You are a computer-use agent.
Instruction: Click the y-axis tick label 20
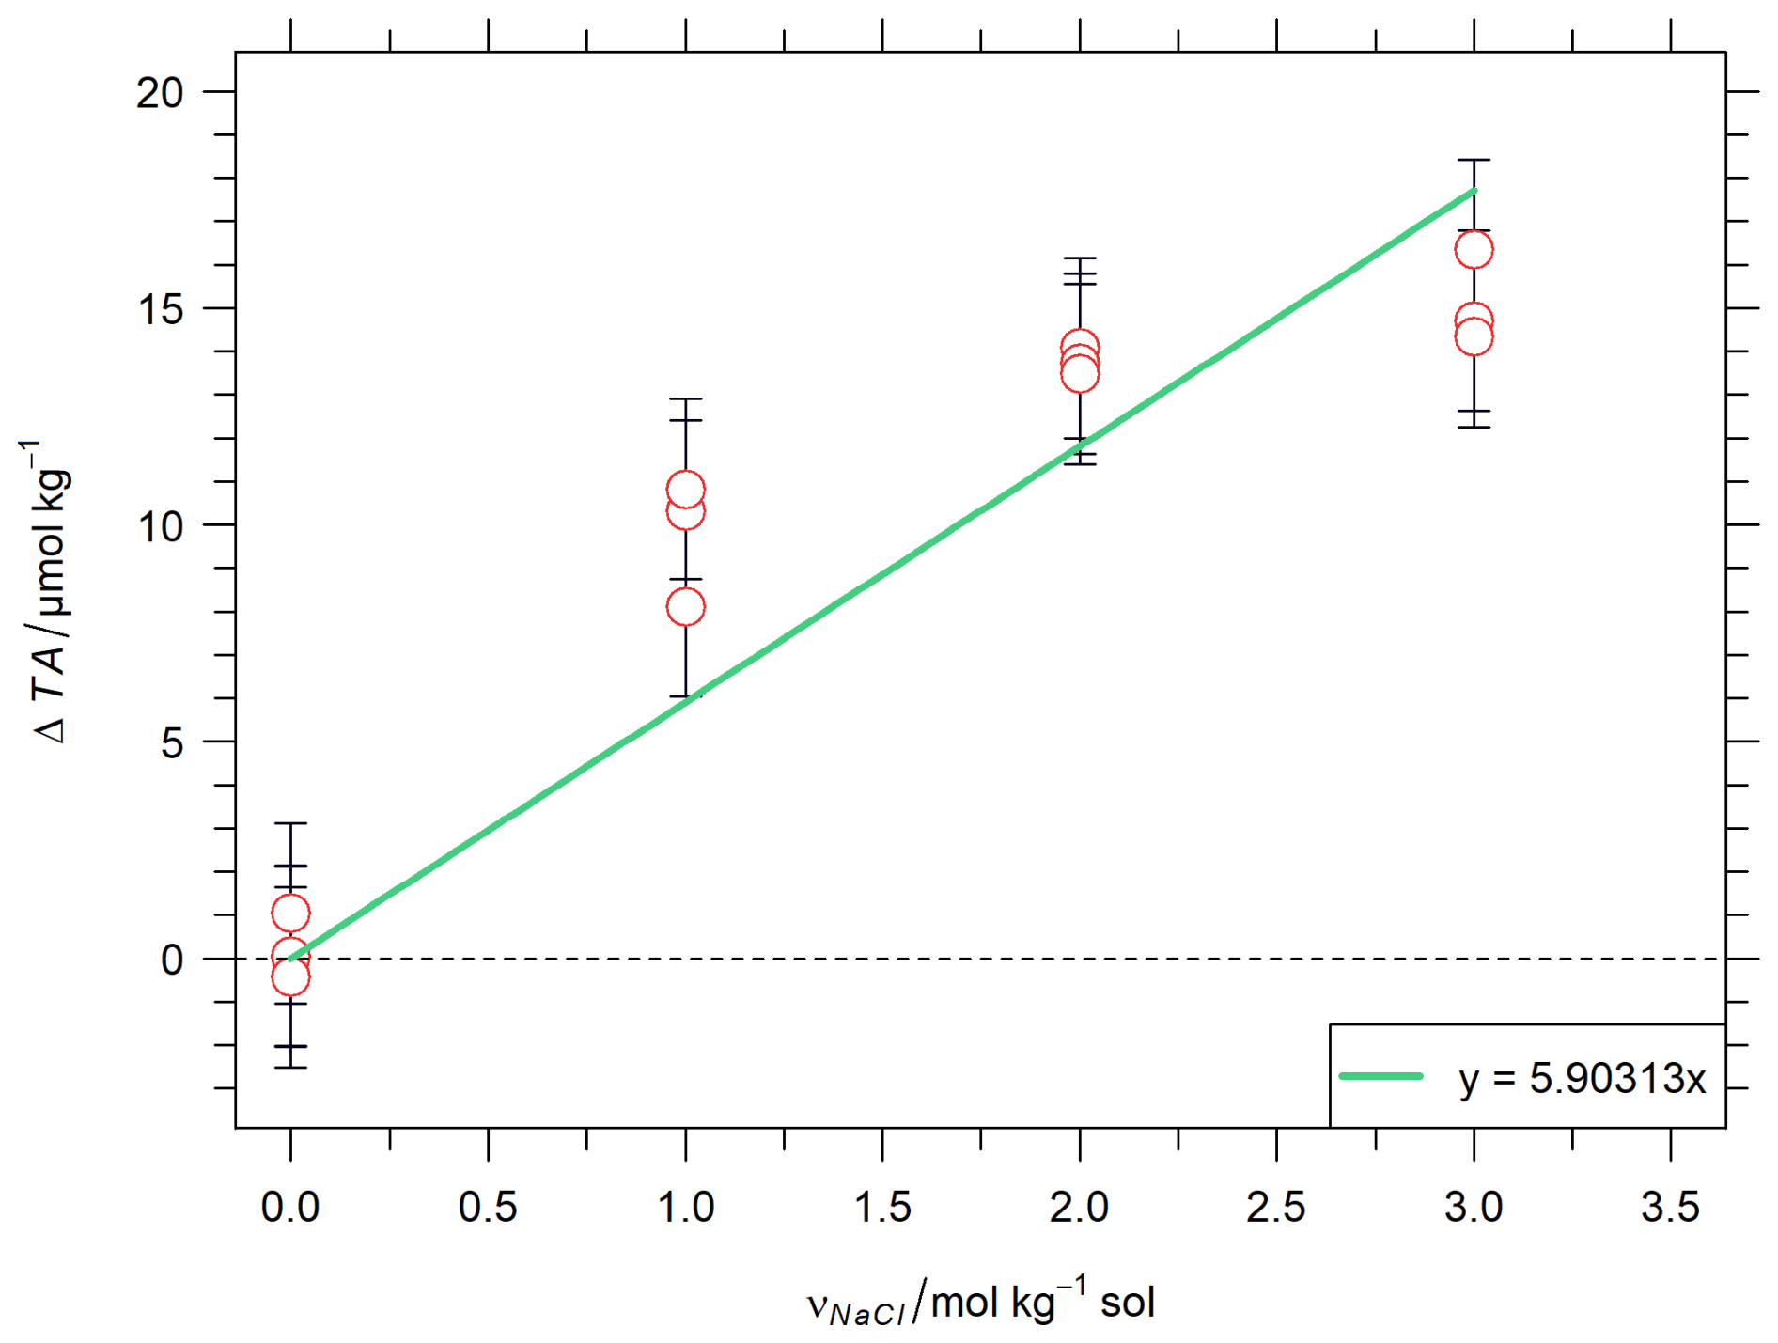tap(160, 93)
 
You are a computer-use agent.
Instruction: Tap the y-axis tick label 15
tap(160, 309)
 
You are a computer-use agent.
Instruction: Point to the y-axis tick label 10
tap(160, 526)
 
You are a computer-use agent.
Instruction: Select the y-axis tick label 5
tap(172, 743)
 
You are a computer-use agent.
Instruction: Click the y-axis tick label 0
tap(172, 960)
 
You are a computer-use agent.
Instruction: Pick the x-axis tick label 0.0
tap(290, 1207)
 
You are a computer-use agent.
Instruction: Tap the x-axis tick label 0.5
tap(488, 1207)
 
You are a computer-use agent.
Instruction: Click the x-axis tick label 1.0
tap(685, 1207)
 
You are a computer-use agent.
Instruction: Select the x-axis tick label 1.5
tap(882, 1207)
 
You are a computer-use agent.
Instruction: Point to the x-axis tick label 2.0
tap(1080, 1207)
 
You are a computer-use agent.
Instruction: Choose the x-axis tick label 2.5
tap(1276, 1207)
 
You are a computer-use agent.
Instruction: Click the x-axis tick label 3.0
tap(1474, 1207)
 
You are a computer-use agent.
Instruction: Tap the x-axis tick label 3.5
tap(1671, 1207)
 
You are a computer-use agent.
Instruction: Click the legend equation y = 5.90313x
tap(1583, 1079)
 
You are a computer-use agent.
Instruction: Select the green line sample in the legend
tap(1380, 1076)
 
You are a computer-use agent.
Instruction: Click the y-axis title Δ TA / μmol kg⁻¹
tap(47, 592)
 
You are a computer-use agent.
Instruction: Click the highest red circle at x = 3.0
tap(1474, 250)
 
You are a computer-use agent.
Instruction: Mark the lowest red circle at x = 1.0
tap(685, 607)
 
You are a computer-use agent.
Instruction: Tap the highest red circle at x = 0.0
tap(290, 913)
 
